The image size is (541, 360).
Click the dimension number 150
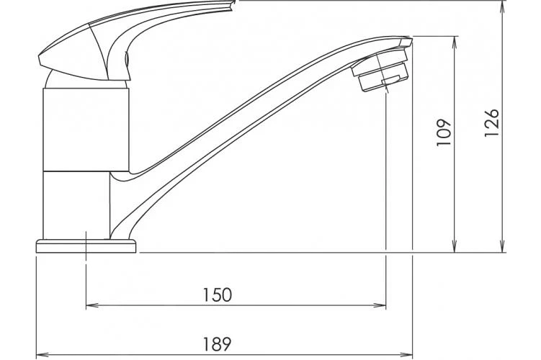(216, 294)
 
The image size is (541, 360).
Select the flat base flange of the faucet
(85, 246)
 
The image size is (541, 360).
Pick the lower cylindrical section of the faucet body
(76, 205)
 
